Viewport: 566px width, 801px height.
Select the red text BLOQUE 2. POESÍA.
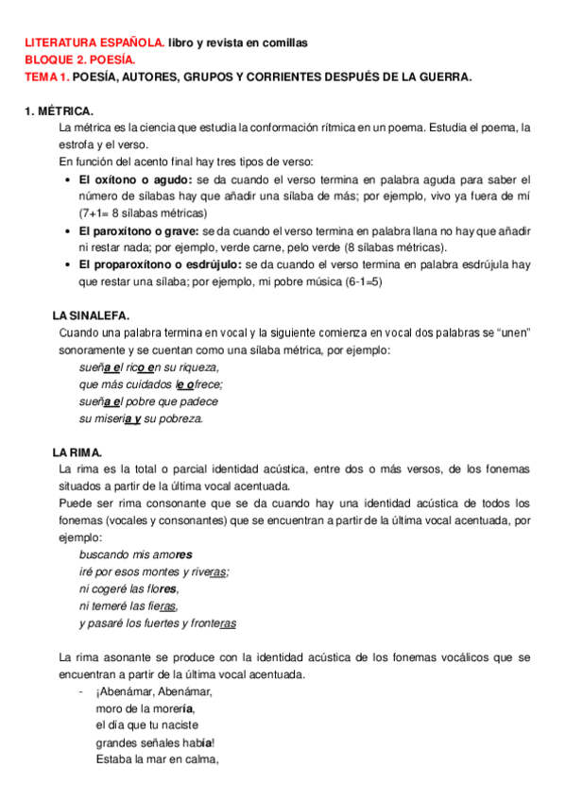click(x=80, y=60)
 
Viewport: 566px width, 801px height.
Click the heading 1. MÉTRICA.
click(x=59, y=111)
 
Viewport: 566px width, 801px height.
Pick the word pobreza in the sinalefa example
click(x=180, y=418)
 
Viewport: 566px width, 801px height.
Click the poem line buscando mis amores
click(x=135, y=554)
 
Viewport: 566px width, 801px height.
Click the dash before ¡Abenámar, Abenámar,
click(x=82, y=690)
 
